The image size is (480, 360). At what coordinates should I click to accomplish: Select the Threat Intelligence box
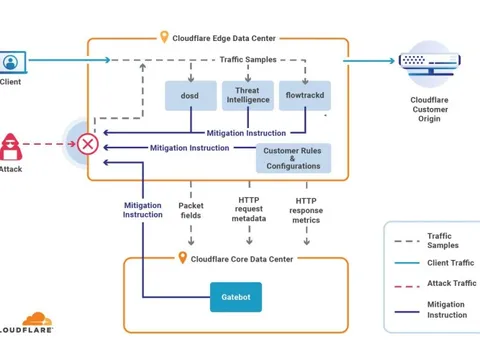pos(246,95)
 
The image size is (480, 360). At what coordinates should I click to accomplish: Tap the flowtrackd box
pos(304,95)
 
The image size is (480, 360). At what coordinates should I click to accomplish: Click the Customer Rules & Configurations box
pos(293,158)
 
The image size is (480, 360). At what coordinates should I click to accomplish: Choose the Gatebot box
pos(235,296)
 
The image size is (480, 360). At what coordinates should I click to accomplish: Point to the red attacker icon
pos(11,144)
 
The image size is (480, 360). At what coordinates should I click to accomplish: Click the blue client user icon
pos(12,62)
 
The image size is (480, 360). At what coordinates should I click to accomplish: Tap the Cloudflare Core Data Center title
pos(241,258)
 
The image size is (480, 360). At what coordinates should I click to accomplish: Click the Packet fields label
pos(191,209)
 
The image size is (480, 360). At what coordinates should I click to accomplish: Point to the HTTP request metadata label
pos(249,209)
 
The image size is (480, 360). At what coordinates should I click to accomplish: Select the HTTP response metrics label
pos(307,209)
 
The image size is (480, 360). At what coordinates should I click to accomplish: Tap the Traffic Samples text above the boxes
pos(247,61)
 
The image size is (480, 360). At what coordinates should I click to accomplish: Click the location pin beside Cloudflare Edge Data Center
pos(165,37)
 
